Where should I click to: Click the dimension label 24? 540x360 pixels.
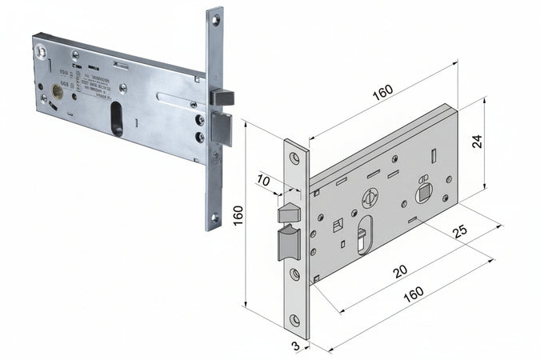tap(477, 141)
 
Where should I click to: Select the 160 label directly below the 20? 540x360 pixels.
tap(413, 294)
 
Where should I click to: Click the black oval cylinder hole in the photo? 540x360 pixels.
tap(117, 118)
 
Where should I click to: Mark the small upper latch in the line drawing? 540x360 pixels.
tap(287, 213)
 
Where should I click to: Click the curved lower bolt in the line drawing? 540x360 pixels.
tap(288, 243)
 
